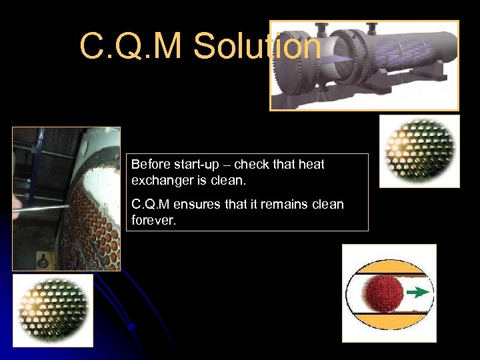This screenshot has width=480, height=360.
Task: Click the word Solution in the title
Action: point(257,47)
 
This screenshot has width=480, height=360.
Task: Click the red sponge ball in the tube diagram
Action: point(382,292)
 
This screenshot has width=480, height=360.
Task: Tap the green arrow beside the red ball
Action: point(418,292)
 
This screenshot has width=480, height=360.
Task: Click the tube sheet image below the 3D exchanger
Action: point(419,151)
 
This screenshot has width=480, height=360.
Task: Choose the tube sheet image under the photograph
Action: point(53,310)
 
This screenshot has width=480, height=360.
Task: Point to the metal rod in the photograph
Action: point(40,208)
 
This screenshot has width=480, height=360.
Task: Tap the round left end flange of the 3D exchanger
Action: point(294,67)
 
